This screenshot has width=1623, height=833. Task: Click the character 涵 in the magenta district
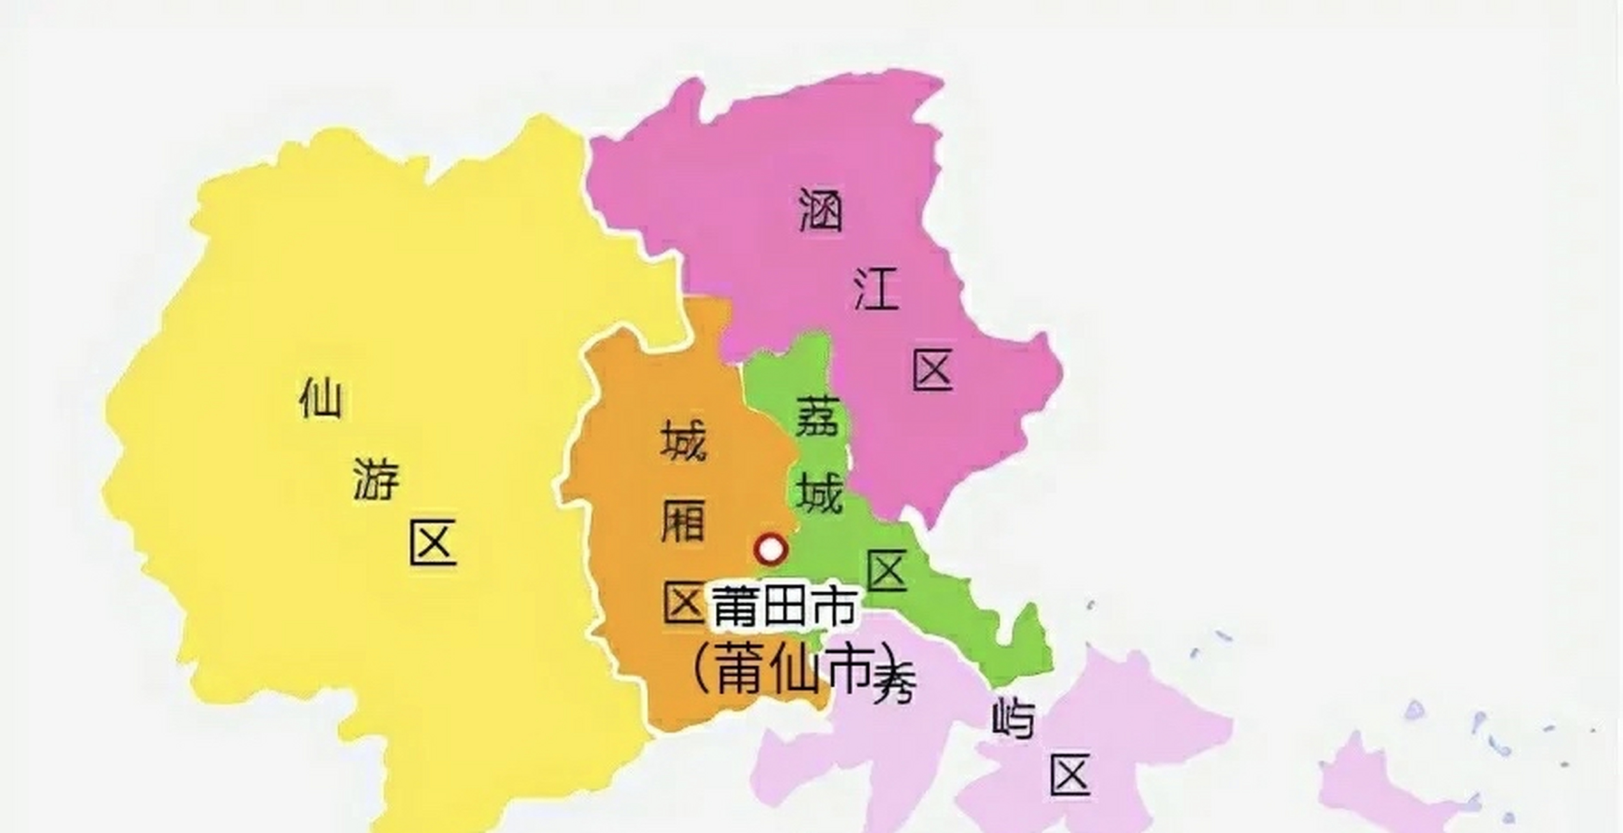(x=820, y=210)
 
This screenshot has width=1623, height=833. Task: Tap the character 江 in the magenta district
(x=876, y=288)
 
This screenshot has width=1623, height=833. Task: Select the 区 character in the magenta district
(x=933, y=369)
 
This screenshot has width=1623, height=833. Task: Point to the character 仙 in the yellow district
(x=320, y=398)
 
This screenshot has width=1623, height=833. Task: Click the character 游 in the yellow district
(x=376, y=480)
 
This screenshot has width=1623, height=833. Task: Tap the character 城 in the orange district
(x=684, y=440)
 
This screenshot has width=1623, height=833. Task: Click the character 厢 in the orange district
(x=683, y=521)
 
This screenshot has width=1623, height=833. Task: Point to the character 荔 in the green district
(x=818, y=417)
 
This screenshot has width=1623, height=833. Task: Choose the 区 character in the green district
(x=887, y=570)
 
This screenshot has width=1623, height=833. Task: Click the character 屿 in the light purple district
(x=1013, y=718)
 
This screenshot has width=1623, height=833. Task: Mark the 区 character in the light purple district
(x=1070, y=774)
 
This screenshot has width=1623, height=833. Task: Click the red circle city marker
(x=771, y=549)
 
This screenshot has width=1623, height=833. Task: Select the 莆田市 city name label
(x=784, y=606)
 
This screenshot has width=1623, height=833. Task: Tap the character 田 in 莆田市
(x=784, y=606)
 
